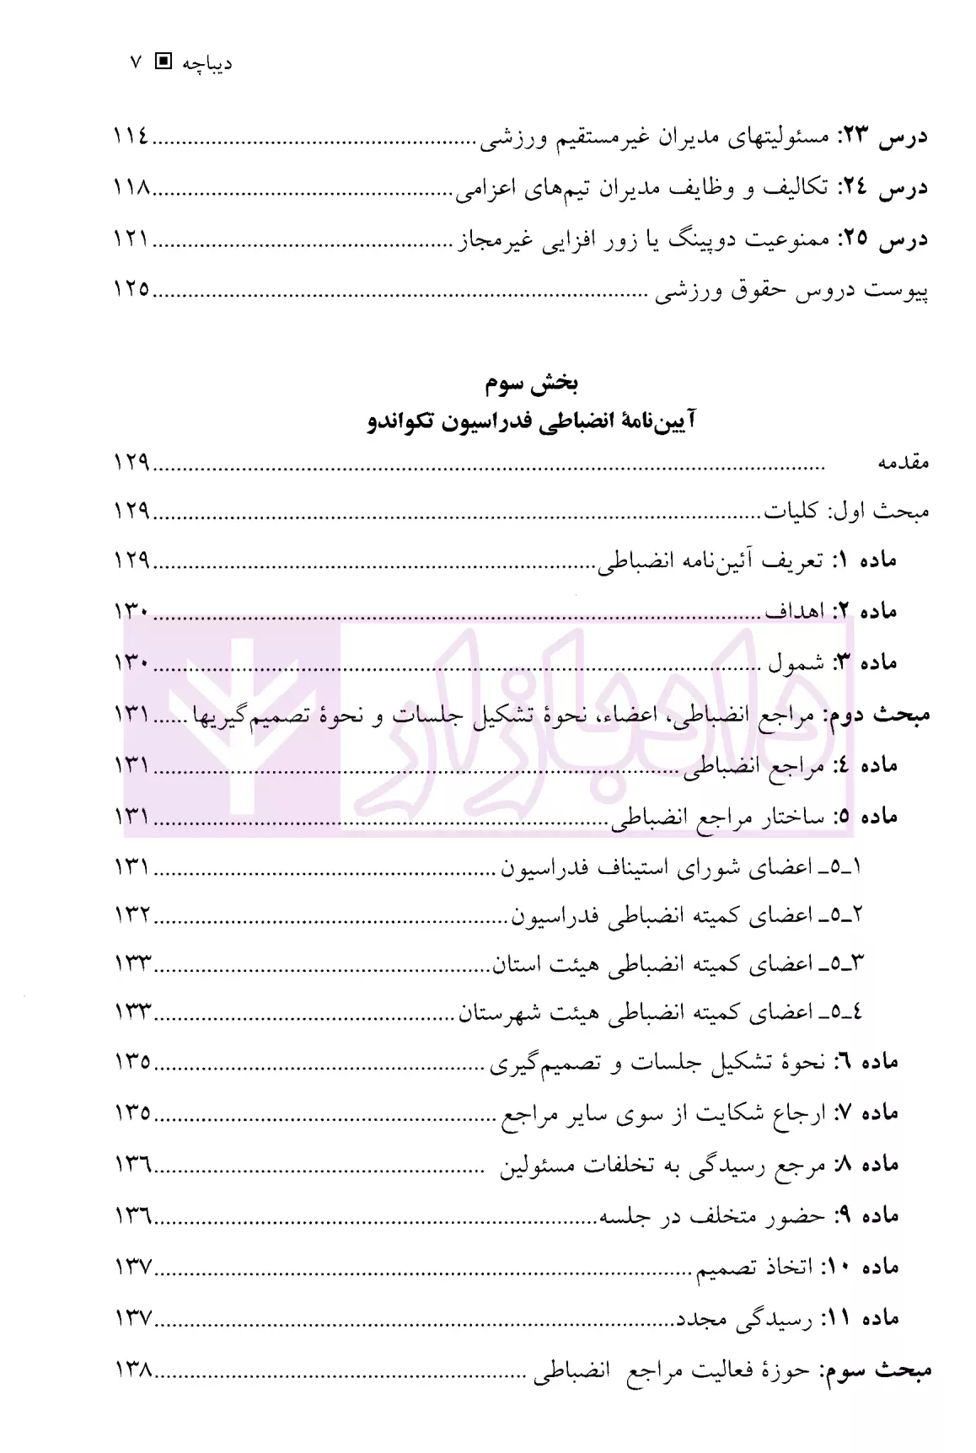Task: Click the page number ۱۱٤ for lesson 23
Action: pyautogui.click(x=131, y=135)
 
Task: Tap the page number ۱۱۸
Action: pyautogui.click(x=131, y=187)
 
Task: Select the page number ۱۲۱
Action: pyautogui.click(x=131, y=239)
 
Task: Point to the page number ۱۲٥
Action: pyautogui.click(x=131, y=290)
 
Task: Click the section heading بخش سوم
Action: pyautogui.click(x=531, y=384)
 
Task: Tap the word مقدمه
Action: pyautogui.click(x=904, y=462)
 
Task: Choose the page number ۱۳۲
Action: pyautogui.click(x=131, y=914)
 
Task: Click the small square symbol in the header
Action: pyautogui.click(x=164, y=62)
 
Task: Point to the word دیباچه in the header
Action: pyautogui.click(x=207, y=63)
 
